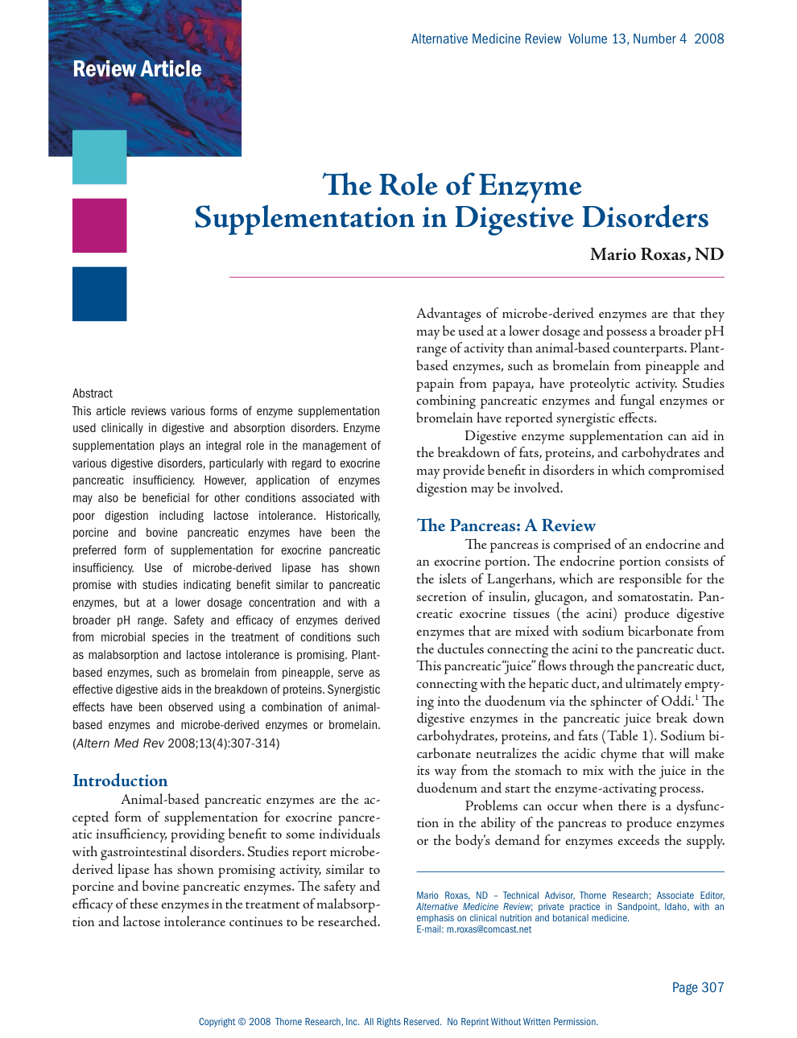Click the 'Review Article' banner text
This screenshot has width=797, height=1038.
click(137, 69)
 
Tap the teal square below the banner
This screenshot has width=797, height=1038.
click(99, 157)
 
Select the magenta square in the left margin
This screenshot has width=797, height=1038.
click(99, 225)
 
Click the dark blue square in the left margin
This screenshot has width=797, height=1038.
click(99, 294)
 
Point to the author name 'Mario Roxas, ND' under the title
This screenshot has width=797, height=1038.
click(656, 255)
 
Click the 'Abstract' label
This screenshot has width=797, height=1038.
click(93, 393)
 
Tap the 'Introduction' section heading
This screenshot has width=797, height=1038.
click(120, 781)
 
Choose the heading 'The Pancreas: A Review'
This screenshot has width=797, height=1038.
click(506, 525)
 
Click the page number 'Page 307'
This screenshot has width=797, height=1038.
click(697, 987)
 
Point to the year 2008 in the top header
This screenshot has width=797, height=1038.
click(708, 39)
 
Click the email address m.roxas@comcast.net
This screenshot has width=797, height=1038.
click(489, 929)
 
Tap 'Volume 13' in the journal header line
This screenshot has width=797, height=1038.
click(598, 39)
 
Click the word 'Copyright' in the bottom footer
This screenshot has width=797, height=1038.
click(217, 1022)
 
